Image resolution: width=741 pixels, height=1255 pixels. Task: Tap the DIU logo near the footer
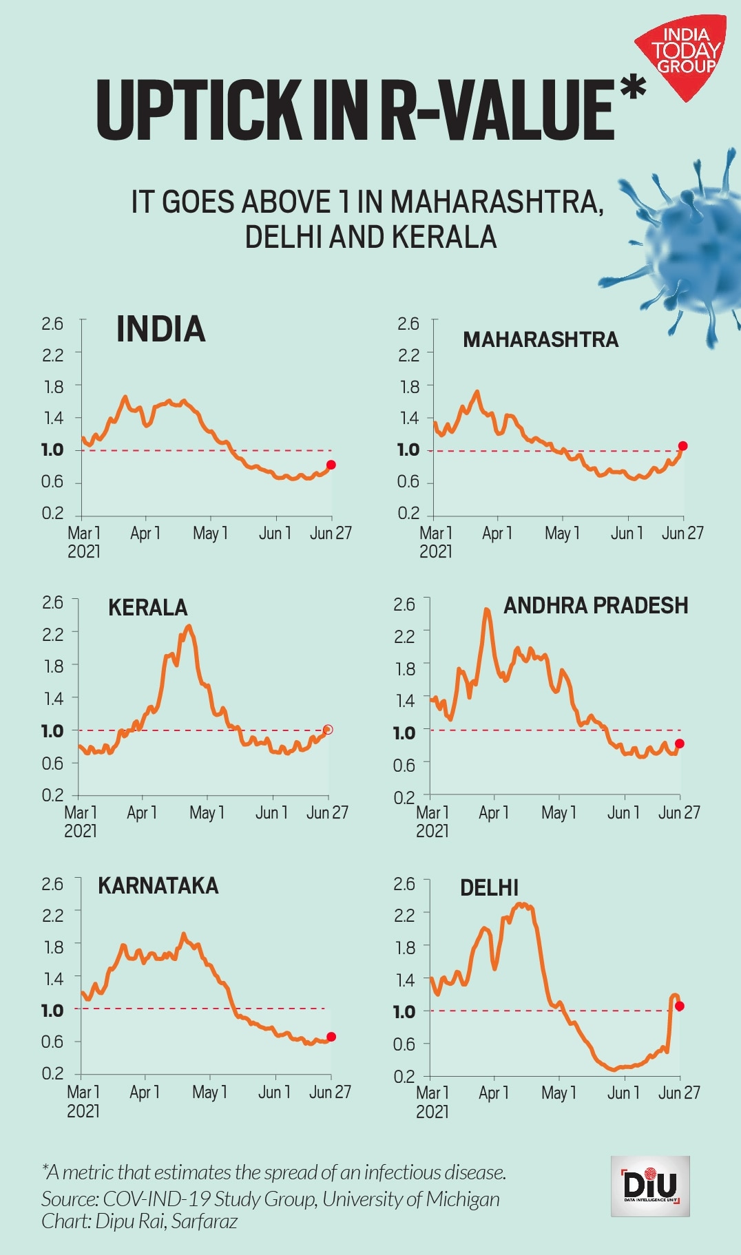click(x=650, y=1185)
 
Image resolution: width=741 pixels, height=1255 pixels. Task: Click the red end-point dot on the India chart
click(x=331, y=465)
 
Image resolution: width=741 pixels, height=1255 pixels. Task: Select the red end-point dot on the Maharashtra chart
click(x=683, y=446)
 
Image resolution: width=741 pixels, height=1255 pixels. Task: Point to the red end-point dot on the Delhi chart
click(x=680, y=1006)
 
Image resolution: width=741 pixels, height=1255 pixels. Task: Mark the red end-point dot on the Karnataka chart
click(x=331, y=1037)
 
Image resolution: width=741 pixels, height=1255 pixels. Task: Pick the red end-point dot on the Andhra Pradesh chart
click(x=680, y=743)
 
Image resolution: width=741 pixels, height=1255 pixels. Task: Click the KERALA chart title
click(x=147, y=607)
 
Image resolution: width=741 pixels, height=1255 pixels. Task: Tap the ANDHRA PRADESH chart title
click(x=596, y=605)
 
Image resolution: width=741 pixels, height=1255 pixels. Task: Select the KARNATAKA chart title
click(x=158, y=885)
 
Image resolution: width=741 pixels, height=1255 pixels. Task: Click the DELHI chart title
click(x=489, y=887)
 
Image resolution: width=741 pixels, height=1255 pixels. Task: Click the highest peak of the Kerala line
click(x=189, y=626)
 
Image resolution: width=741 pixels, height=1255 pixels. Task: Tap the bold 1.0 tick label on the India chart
click(x=52, y=450)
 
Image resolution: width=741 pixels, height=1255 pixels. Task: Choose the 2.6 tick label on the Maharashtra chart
click(x=408, y=324)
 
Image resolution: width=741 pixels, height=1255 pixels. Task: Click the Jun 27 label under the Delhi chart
click(x=679, y=1093)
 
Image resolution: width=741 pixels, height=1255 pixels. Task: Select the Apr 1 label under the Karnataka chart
click(x=145, y=1092)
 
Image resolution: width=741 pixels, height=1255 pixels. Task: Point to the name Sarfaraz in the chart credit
click(x=205, y=1221)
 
